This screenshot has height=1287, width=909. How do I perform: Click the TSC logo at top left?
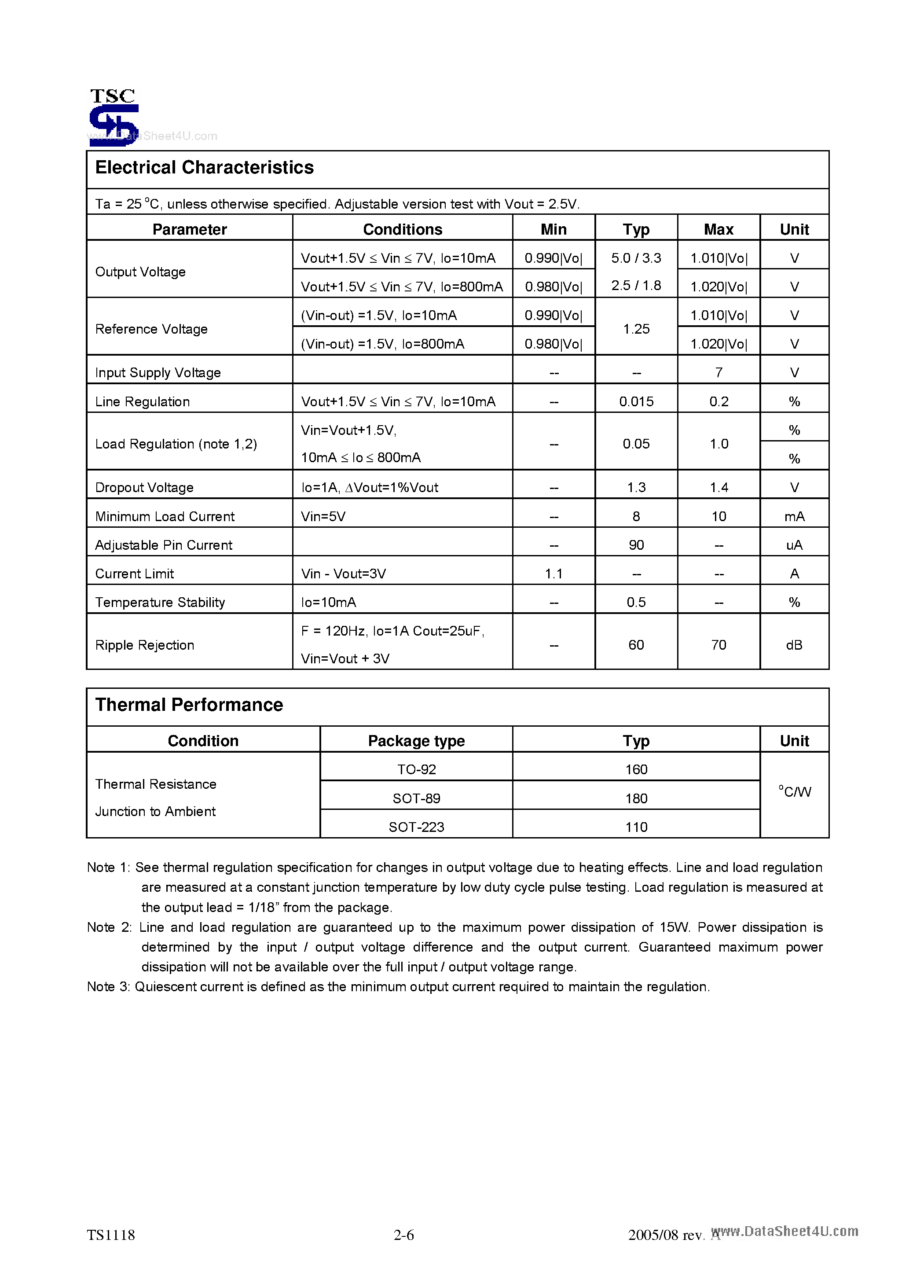pyautogui.click(x=114, y=117)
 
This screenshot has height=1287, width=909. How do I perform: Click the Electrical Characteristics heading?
pyautogui.click(x=205, y=168)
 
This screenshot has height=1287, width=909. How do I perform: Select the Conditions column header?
pyautogui.click(x=403, y=229)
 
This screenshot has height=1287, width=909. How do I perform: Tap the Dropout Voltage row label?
pyautogui.click(x=144, y=488)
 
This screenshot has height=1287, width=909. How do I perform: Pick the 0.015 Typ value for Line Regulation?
pyautogui.click(x=636, y=401)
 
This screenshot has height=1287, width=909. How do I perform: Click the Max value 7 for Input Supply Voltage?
pyautogui.click(x=718, y=373)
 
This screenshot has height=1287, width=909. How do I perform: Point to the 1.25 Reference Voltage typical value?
pyautogui.click(x=636, y=329)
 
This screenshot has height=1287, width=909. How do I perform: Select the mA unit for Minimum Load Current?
pyautogui.click(x=794, y=516)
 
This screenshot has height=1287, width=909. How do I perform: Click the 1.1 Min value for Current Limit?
pyautogui.click(x=553, y=574)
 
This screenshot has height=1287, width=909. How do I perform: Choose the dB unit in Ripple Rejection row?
pyautogui.click(x=794, y=645)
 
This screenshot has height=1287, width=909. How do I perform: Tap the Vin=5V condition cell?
pyautogui.click(x=323, y=516)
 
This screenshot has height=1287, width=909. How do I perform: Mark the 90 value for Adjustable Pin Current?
pyautogui.click(x=636, y=545)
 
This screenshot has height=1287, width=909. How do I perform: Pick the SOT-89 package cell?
pyautogui.click(x=416, y=798)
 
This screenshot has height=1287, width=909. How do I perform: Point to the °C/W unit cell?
pyautogui.click(x=794, y=791)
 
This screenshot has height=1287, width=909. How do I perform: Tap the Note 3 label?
pyautogui.click(x=108, y=986)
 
